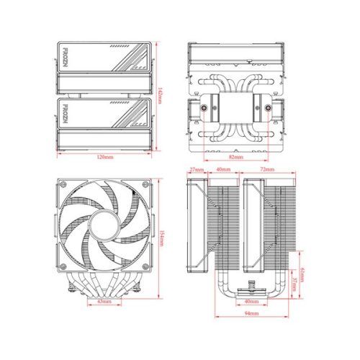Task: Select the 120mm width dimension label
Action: (104, 156)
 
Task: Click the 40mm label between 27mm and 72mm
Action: (223, 170)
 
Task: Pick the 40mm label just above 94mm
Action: (250, 301)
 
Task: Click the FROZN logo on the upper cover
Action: (65, 56)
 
